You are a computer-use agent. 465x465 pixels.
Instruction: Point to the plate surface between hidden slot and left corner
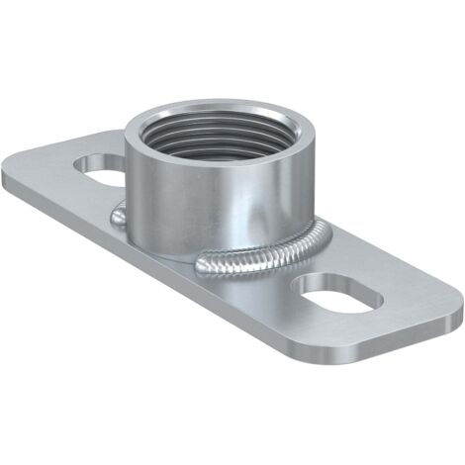(x=49, y=178)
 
